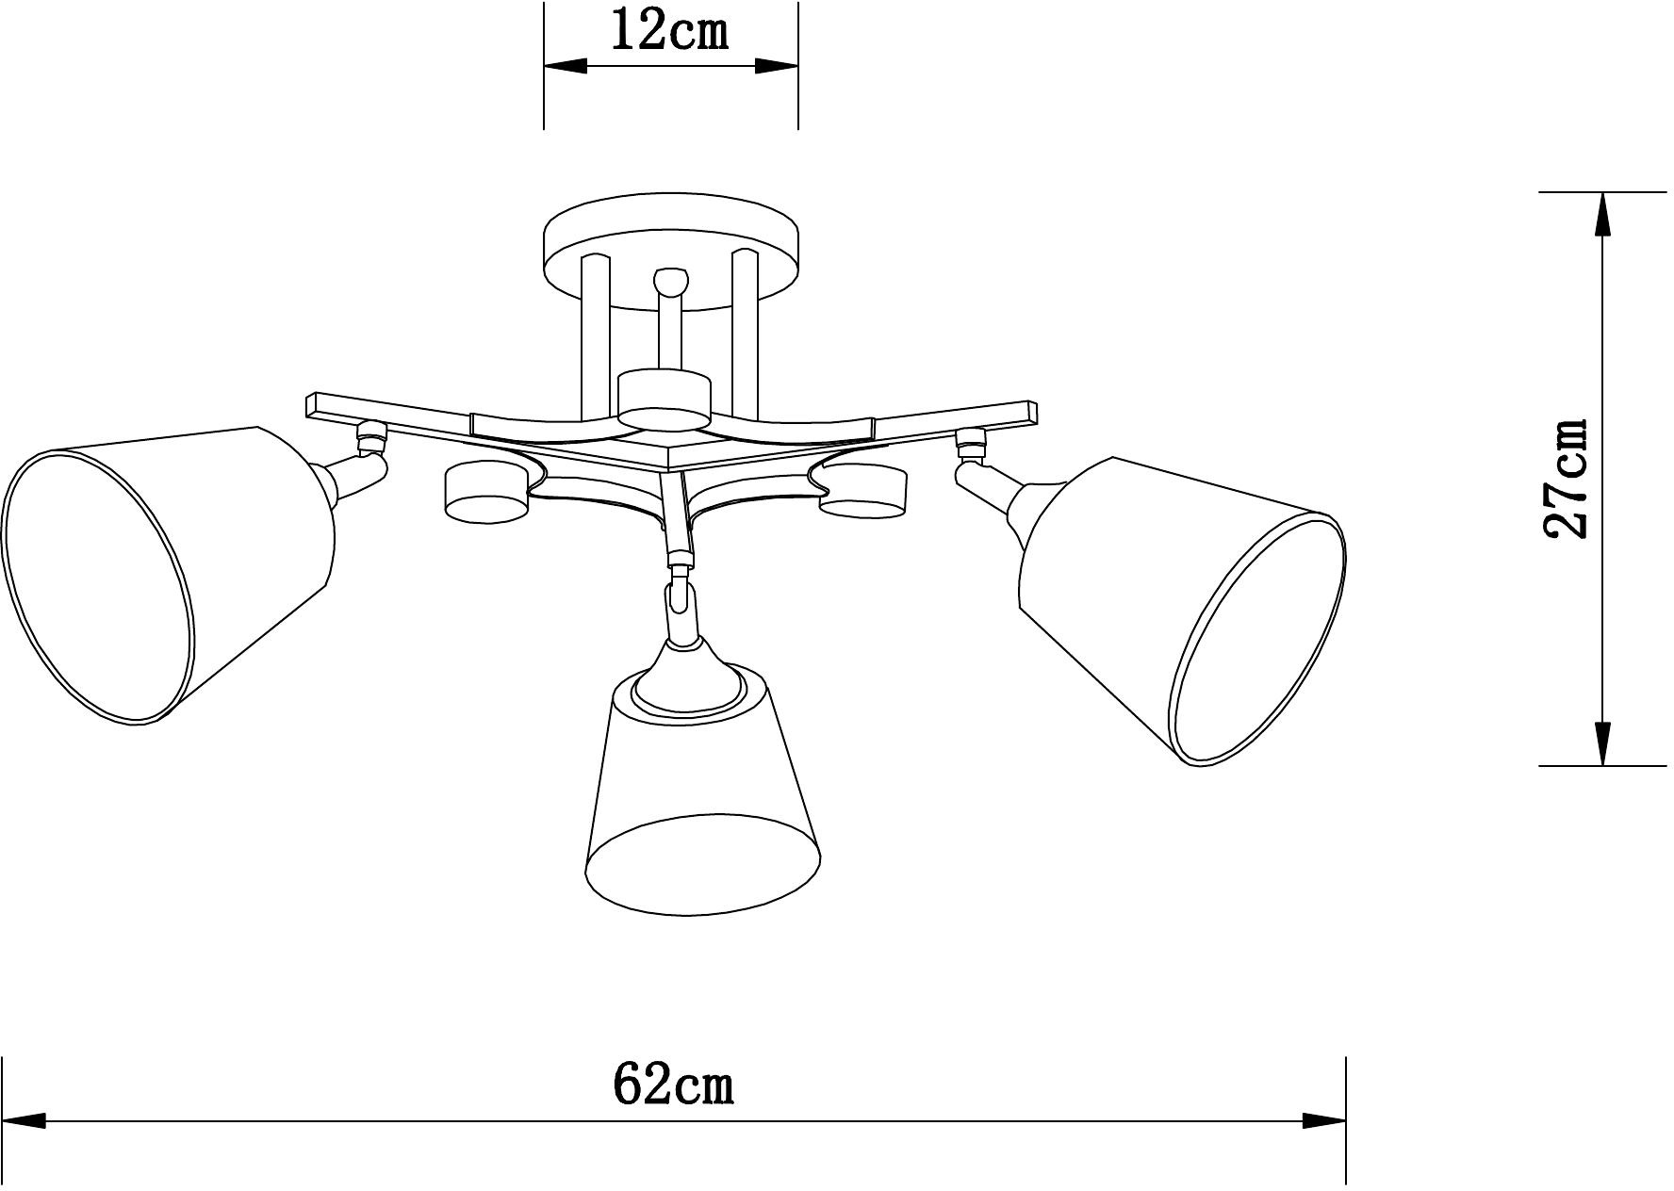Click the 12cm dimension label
click(x=670, y=31)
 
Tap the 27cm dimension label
click(x=1567, y=479)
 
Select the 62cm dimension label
click(x=673, y=1085)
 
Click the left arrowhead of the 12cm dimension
click(x=566, y=66)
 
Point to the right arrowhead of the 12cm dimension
click(x=777, y=66)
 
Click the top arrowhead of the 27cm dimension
click(x=1601, y=214)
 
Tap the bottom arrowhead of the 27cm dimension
click(x=1601, y=743)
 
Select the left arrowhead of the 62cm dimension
click(x=25, y=1121)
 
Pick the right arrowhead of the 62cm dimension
click(x=1323, y=1121)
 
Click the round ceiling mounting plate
click(x=671, y=250)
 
